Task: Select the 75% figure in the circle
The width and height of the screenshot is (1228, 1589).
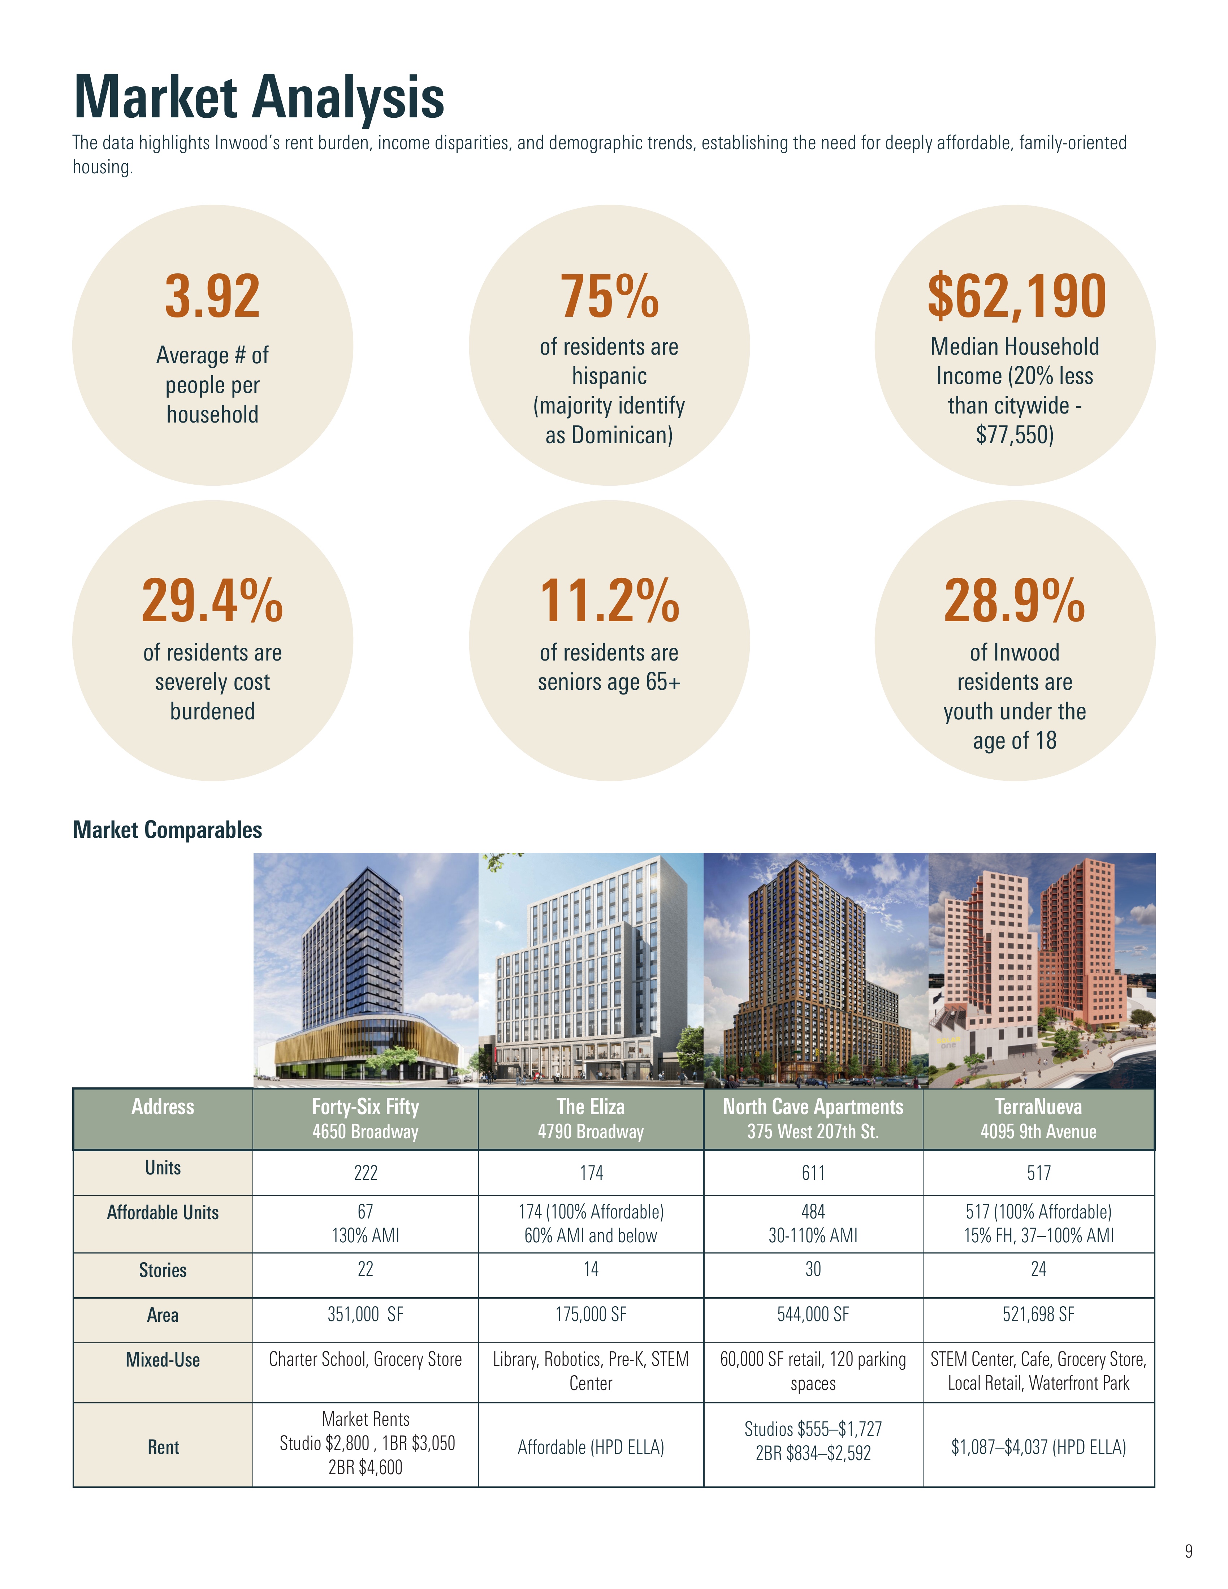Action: (x=609, y=297)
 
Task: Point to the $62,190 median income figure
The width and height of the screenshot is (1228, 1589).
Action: (x=1016, y=297)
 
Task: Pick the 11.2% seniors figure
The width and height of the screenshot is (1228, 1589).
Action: (x=609, y=601)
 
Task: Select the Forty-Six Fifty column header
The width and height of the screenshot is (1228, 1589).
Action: (x=365, y=1118)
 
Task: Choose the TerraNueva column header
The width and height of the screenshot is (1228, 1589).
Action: (x=1038, y=1118)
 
